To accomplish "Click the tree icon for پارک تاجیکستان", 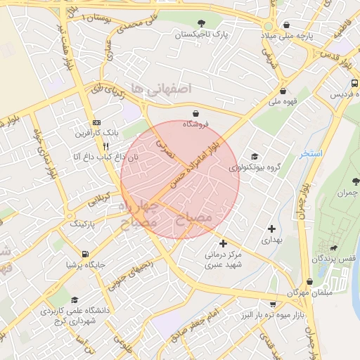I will pos(202,23).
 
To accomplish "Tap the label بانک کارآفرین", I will pos(98,132).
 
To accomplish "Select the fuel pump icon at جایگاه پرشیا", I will pos(85,254).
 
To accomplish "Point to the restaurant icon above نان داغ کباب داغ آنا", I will pos(105,146).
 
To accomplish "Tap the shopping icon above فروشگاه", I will pos(195,113).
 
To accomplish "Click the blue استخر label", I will pos(310,153).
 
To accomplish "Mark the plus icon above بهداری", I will pos(271,229).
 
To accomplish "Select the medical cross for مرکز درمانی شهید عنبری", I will pos(224,243).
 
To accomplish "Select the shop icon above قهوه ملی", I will pos(283,91).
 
